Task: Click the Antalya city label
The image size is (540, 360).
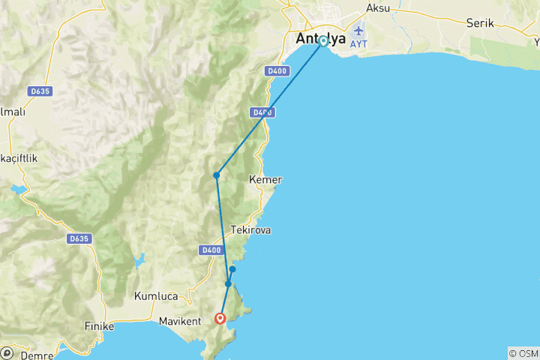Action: click(321, 39)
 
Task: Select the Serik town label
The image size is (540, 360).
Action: click(479, 23)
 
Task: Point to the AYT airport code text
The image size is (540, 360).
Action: click(358, 43)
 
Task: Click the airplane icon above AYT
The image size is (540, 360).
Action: click(358, 30)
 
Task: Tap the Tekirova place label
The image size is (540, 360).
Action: click(251, 231)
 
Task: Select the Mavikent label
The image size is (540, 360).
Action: click(181, 322)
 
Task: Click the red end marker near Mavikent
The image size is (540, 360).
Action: click(220, 318)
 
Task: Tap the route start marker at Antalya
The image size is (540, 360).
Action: click(323, 41)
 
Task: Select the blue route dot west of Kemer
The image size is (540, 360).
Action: click(216, 175)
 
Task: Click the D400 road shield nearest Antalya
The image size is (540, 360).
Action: click(275, 71)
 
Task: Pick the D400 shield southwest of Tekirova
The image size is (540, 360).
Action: click(211, 250)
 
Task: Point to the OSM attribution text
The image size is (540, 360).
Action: click(523, 352)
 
